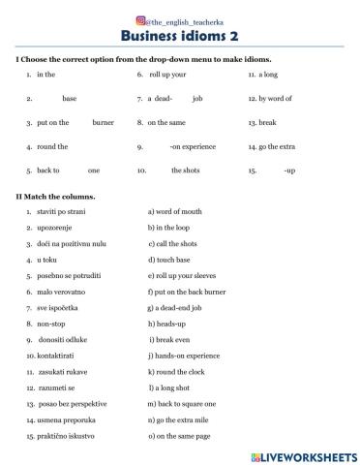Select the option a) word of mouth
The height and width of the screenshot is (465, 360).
(177, 210)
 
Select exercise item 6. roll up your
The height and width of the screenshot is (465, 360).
(163, 75)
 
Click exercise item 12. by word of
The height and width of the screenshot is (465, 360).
(269, 99)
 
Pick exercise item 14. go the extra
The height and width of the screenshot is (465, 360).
(273, 146)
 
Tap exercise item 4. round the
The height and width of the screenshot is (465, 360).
(46, 146)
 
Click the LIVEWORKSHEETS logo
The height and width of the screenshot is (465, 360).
(303, 455)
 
